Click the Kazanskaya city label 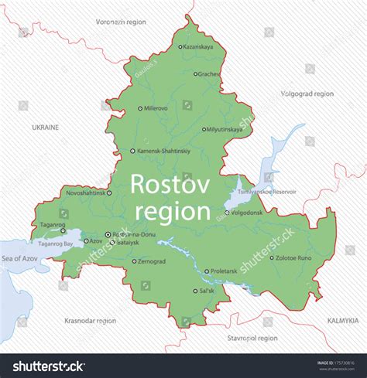(198, 46)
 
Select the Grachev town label (208, 74)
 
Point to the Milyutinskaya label (225, 129)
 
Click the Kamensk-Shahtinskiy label (163, 152)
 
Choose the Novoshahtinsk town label (85, 192)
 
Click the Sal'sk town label (207, 291)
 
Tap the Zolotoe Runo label (295, 257)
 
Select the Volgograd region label (307, 94)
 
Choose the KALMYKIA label (343, 319)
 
